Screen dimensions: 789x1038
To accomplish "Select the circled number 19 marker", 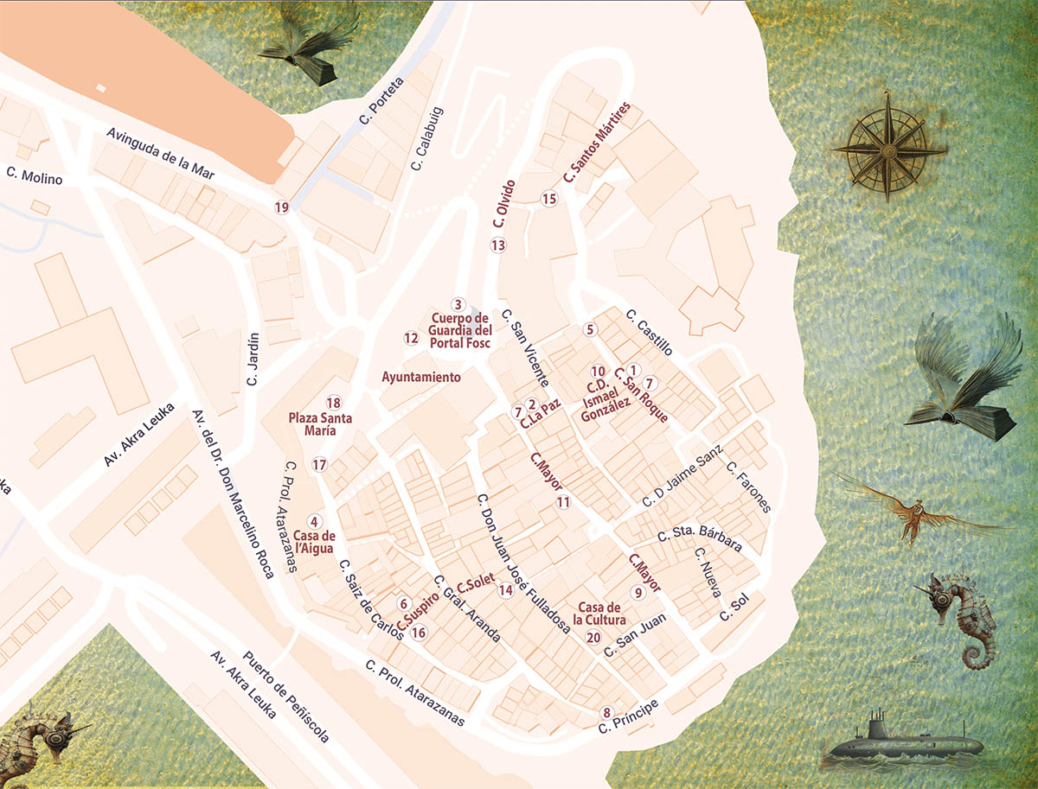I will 281,207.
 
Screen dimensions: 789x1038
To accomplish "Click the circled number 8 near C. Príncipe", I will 606,712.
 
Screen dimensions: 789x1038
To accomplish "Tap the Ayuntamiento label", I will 421,378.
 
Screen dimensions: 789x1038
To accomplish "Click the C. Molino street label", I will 35,175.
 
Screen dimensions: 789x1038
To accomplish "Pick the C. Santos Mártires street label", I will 597,143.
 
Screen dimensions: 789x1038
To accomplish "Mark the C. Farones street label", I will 749,488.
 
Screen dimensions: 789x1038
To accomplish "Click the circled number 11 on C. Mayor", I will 563,502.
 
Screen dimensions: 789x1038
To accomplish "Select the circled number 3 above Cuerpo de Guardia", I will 458,304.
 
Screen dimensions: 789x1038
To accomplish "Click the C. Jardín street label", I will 253,360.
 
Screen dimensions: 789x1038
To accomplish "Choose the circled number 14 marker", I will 506,590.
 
